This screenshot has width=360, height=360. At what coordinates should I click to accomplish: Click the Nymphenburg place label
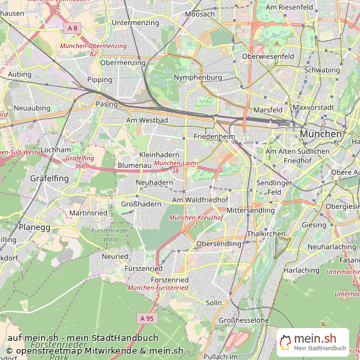pyautogui.click(x=198, y=78)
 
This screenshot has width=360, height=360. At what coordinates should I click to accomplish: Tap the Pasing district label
pyautogui.click(x=106, y=104)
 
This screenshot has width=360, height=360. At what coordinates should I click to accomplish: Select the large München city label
pyautogui.click(x=321, y=134)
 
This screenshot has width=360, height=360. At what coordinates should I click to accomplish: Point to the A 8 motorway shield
pyautogui.click(x=72, y=28)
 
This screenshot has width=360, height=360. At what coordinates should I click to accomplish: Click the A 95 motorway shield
pyautogui.click(x=147, y=318)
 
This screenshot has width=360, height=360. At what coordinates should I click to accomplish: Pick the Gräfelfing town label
pyautogui.click(x=49, y=179)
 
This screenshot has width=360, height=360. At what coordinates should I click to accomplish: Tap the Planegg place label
pyautogui.click(x=33, y=227)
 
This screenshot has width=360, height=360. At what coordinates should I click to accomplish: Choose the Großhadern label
pyautogui.click(x=141, y=204)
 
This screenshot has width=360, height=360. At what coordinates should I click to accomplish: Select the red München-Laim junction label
pyautogui.click(x=175, y=164)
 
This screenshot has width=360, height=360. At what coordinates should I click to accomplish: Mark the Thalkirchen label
pyautogui.click(x=266, y=234)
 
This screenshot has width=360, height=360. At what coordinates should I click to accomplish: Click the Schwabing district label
pyautogui.click(x=322, y=70)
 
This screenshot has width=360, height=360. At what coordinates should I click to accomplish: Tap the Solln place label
pyautogui.click(x=213, y=302)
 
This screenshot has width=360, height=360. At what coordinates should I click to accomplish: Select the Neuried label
pyautogui.click(x=115, y=256)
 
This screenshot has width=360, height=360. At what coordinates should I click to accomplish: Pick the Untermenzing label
pyautogui.click(x=135, y=23)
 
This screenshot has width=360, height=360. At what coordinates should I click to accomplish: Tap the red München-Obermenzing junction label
pyautogui.click(x=93, y=46)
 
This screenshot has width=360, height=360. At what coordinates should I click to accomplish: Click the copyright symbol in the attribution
pyautogui.click(x=9, y=351)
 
